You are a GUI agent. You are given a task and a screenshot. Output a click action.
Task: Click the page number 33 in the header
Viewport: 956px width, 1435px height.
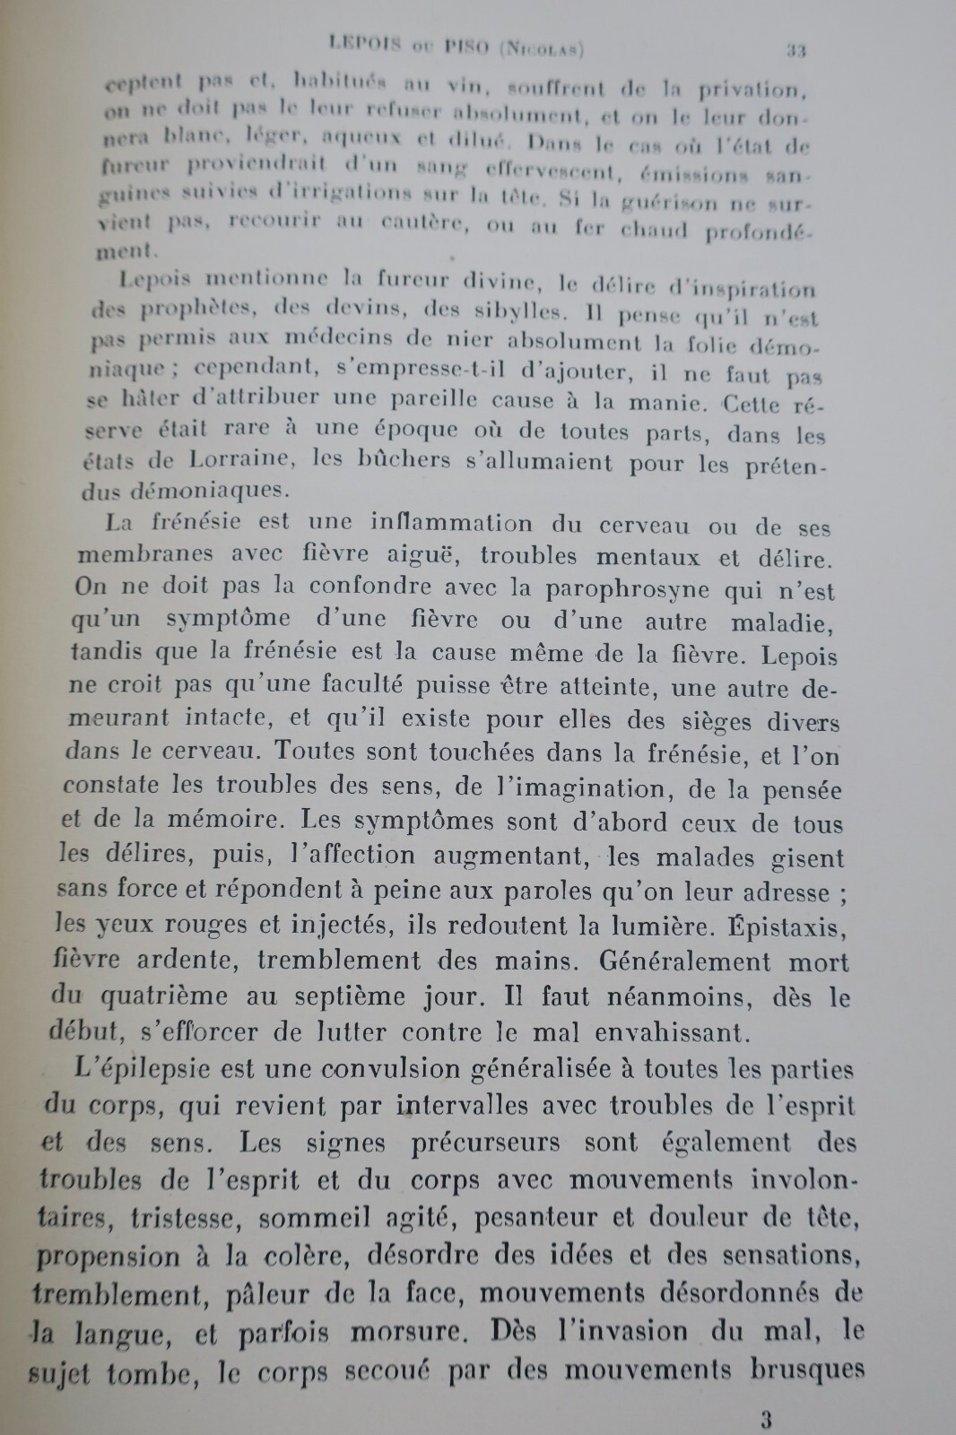point(795,51)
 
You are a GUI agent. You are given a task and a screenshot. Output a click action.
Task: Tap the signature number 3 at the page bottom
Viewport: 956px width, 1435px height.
point(765,1419)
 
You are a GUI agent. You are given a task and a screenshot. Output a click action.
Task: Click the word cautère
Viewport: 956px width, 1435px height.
point(414,222)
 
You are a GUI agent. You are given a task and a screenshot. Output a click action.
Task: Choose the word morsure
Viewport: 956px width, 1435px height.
point(392,1333)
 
